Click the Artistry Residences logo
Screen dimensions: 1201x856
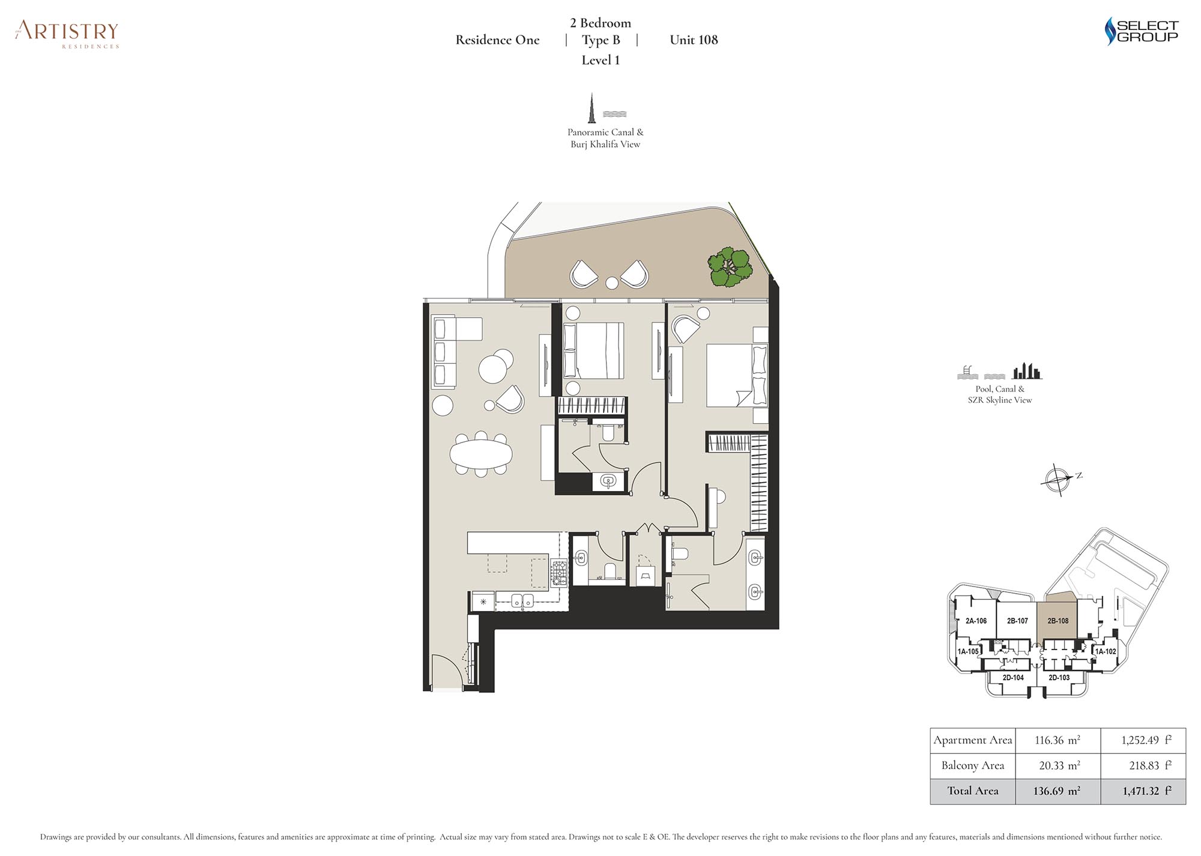click(x=67, y=34)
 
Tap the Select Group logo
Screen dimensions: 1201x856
click(x=1142, y=31)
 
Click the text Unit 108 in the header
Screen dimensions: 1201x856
click(x=694, y=40)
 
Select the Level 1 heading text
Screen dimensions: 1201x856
click(x=600, y=60)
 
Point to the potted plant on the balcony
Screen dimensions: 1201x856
click(x=730, y=267)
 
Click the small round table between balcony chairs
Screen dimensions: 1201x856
click(x=611, y=283)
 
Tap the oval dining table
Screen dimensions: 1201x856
click(x=481, y=454)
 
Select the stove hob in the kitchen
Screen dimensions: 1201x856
click(x=558, y=573)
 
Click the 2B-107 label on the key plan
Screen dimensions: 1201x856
click(x=1017, y=621)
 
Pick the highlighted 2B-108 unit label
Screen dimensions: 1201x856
click(x=1058, y=621)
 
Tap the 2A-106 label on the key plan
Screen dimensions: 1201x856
click(x=976, y=621)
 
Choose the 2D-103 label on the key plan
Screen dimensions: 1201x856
click(x=1059, y=677)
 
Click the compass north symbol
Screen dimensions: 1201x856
click(x=1058, y=480)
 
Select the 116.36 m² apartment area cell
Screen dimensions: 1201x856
click(x=1057, y=740)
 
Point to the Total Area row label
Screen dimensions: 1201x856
click(x=973, y=791)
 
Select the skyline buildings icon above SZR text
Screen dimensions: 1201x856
click(x=1027, y=371)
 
